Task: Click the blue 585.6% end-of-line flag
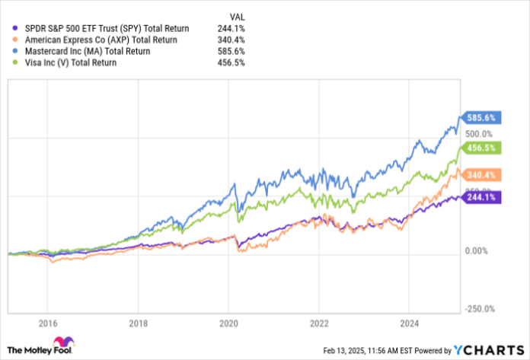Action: pos(481,119)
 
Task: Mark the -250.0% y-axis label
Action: pos(481,309)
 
